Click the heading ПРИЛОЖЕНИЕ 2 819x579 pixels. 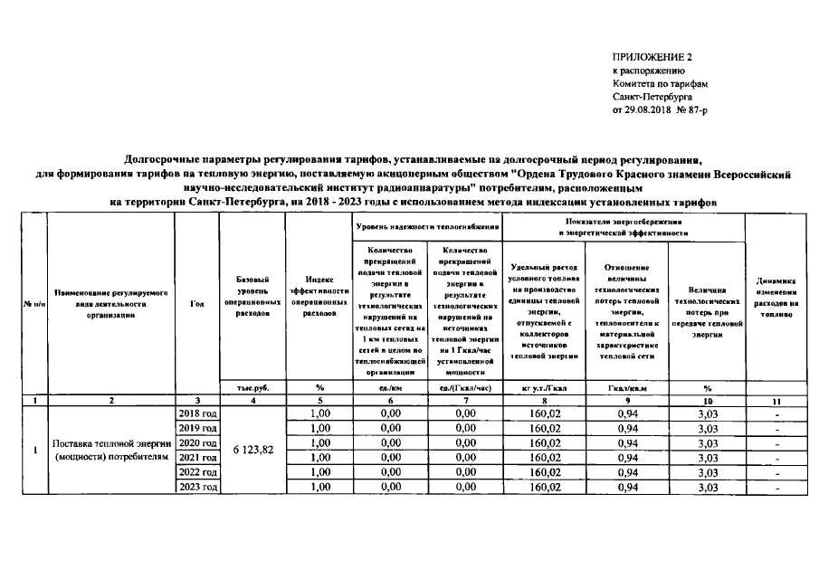pyautogui.click(x=645, y=57)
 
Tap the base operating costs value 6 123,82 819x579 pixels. pyautogui.click(x=253, y=451)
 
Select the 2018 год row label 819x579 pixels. pyautogui.click(x=197, y=413)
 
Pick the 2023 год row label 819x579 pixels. pyautogui.click(x=197, y=488)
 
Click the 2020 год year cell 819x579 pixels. pyautogui.click(x=197, y=443)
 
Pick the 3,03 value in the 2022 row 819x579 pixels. pyautogui.click(x=707, y=473)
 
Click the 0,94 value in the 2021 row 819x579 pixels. pyautogui.click(x=628, y=458)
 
